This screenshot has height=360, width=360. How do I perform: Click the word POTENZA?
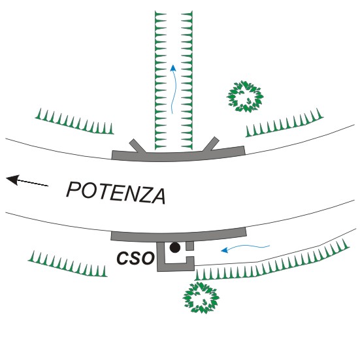pos(116,193)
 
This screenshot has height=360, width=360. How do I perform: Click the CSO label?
pos(135,258)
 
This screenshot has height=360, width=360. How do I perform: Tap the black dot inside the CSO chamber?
pos(175,248)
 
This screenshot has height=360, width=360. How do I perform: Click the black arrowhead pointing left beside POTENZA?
pos(12,180)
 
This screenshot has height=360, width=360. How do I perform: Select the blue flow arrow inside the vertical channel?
pos(174,89)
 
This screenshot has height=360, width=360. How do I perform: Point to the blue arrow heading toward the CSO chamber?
pos(245,248)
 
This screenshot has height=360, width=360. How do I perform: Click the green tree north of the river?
pos(245,97)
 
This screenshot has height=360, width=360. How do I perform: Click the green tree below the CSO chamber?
pos(201,297)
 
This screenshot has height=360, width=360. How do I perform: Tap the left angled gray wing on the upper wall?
pos(137,146)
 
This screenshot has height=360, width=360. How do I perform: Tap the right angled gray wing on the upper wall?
pos(211,144)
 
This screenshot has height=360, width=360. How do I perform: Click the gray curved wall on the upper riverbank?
pos(178,155)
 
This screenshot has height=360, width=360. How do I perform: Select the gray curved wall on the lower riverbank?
pos(178,235)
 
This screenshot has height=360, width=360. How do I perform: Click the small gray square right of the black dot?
pos(190,246)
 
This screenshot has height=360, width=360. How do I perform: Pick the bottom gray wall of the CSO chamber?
pos(176,267)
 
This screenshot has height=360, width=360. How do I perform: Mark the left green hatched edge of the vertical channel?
pos(161,80)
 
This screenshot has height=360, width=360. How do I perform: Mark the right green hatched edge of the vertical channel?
pos(187,80)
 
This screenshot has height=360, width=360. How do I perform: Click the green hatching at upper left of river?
pos(74,122)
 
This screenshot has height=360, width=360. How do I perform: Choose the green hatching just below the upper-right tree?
pos(285,123)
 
